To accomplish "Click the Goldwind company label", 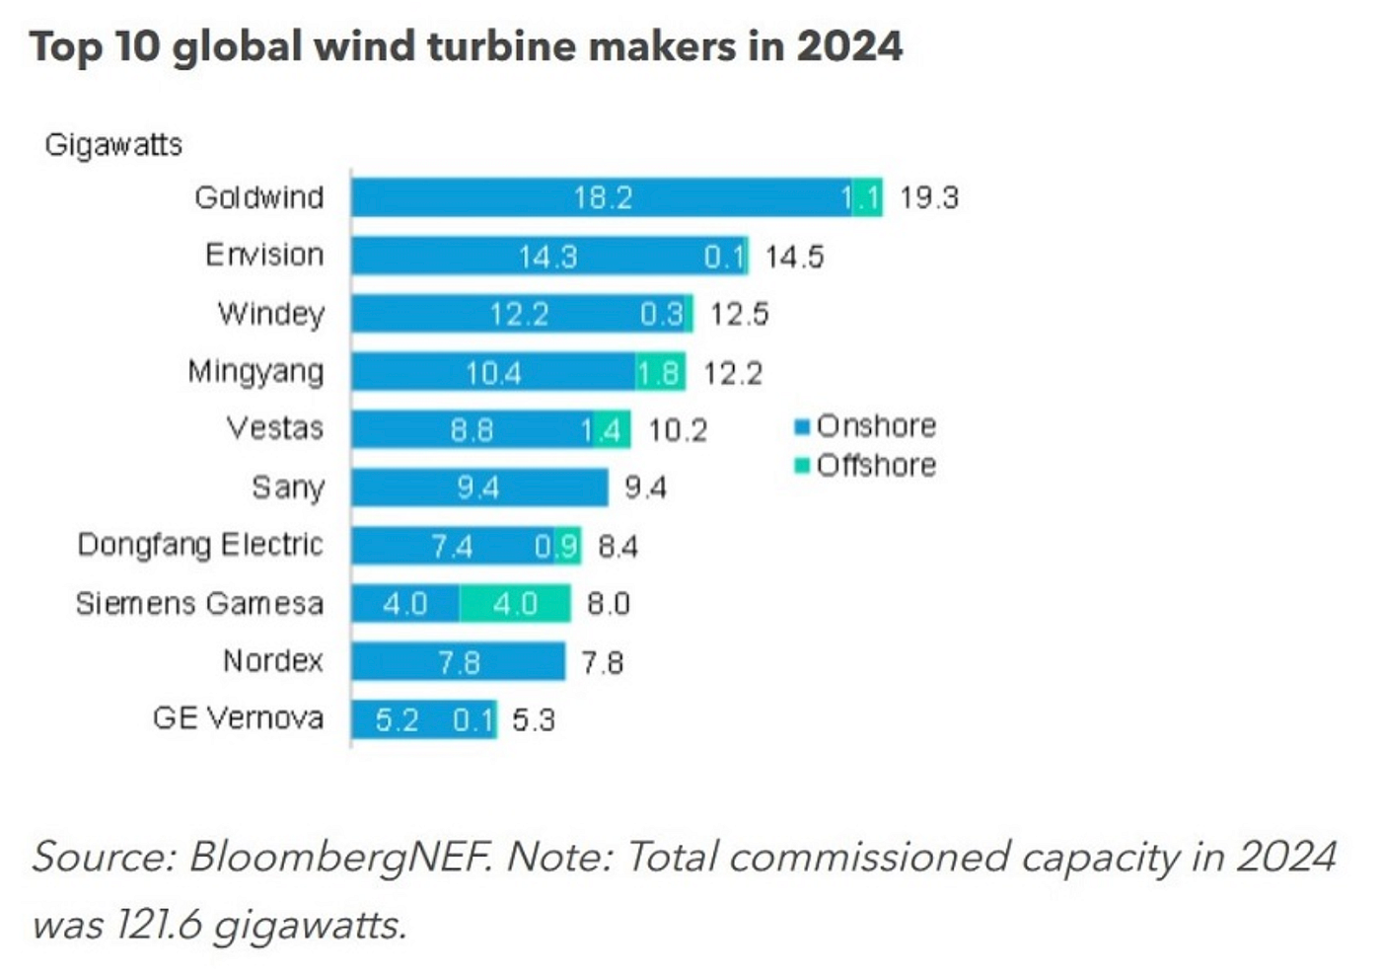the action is tap(258, 198).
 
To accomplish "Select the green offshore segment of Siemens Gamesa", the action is tap(515, 603).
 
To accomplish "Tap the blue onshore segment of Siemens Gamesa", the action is tap(405, 603).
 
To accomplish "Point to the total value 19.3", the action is tap(929, 198).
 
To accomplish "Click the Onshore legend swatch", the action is tap(802, 427).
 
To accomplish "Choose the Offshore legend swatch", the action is tap(802, 465).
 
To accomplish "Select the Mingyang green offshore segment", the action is tap(660, 371).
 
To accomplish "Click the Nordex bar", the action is tap(459, 661).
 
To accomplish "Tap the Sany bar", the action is tap(479, 488).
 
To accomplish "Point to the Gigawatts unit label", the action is tap(113, 146).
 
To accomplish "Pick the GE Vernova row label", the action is tap(238, 718).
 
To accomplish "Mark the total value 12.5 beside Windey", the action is tap(739, 314).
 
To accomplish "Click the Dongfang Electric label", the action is tap(200, 545).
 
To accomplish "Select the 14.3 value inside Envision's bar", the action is tap(547, 257).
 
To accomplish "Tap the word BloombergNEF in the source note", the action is tap(339, 858).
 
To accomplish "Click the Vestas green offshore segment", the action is tap(612, 429).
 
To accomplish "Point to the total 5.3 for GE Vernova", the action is tap(534, 720).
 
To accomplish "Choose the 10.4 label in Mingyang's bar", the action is tap(493, 373).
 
